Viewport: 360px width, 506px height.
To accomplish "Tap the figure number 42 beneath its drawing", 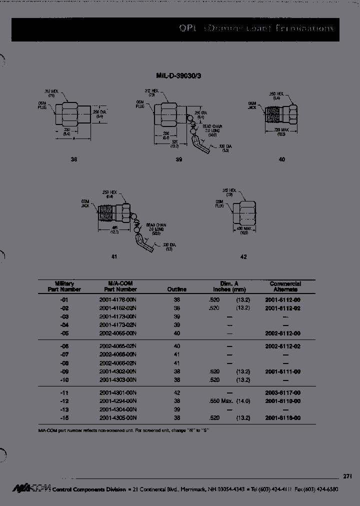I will tap(243, 257).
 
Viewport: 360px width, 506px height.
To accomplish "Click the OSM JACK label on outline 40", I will tap(253, 104).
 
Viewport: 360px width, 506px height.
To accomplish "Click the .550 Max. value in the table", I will tap(220, 401).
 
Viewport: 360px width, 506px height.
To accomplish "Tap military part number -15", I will tap(64, 417).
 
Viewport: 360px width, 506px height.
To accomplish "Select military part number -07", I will tap(64, 354).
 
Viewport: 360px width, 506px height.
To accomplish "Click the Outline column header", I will tap(176, 289).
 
